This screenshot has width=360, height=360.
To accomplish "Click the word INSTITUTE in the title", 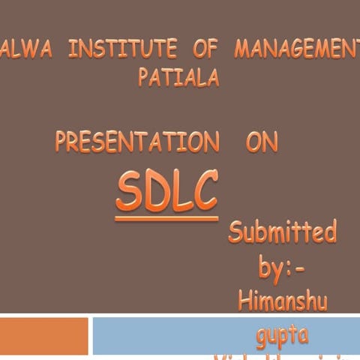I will [x=122, y=49].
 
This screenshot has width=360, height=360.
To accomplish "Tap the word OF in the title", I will [x=205, y=49].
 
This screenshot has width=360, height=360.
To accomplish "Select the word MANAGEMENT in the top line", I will [x=296, y=49].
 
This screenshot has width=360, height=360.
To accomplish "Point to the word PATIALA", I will [x=178, y=77].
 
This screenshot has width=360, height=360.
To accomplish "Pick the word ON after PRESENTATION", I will [x=261, y=142].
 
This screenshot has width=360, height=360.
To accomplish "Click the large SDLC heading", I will [x=166, y=190].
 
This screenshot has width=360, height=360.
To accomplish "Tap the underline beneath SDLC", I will [x=166, y=219].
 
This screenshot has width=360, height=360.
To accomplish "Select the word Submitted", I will [x=282, y=232].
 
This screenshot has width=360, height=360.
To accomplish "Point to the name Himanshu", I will [x=282, y=300].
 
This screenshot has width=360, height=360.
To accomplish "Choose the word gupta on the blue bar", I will [x=282, y=335].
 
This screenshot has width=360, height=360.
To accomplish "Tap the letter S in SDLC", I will [x=129, y=192].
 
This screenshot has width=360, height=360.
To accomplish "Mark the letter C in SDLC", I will [x=204, y=190].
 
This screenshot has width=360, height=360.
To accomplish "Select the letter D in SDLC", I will [x=155, y=192].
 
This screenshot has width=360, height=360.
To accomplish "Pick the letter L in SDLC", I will [x=180, y=192].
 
